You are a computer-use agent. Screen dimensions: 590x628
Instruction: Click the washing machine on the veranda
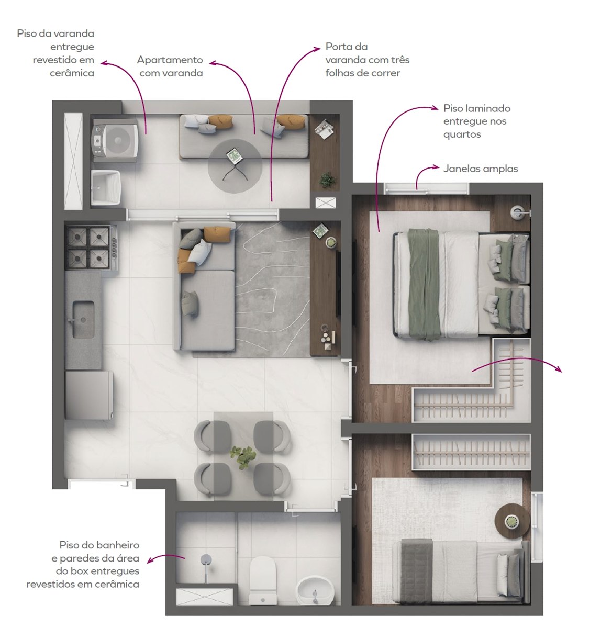[115, 140]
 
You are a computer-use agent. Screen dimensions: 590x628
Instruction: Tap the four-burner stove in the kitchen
[91, 248]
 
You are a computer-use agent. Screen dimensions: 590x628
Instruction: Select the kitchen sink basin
[83, 319]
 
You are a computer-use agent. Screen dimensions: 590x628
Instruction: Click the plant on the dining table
[242, 457]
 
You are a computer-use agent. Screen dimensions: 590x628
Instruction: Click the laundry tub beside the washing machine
[106, 188]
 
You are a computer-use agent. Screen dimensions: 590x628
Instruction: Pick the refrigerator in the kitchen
[89, 395]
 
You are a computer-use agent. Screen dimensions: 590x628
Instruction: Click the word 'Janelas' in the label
[462, 169]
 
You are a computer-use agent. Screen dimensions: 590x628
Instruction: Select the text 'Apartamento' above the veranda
[170, 60]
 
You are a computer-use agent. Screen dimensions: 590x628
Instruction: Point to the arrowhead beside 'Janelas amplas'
[436, 166]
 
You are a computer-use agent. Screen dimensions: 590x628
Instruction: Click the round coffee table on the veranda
[235, 166]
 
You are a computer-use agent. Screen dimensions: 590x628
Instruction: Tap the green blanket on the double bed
[424, 284]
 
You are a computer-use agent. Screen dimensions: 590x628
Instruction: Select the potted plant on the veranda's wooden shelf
[327, 180]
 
